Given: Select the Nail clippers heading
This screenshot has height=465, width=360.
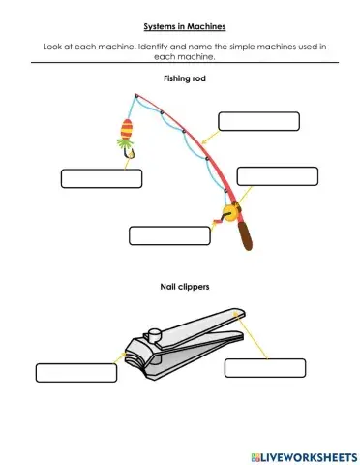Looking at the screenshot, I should coord(179,288).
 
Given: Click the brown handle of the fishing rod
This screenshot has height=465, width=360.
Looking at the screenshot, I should coord(247,233).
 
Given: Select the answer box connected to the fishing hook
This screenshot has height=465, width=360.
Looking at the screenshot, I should coord(102,178).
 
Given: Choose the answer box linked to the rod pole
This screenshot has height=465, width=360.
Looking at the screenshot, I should coord(258,121).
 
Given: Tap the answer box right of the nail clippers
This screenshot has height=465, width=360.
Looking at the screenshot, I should coord(265,368).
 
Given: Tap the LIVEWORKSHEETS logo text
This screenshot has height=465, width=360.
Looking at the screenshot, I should coord(303,454).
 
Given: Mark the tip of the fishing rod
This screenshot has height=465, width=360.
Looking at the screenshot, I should coord(136,95).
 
